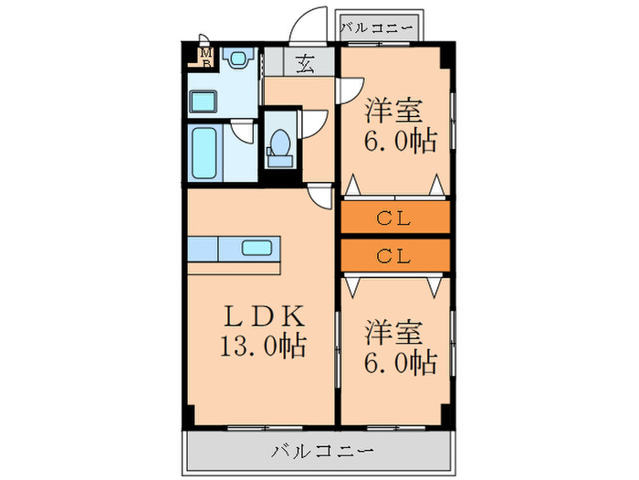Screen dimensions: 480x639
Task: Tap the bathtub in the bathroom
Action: tap(204, 152)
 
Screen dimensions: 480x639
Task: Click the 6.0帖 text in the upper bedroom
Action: tap(399, 142)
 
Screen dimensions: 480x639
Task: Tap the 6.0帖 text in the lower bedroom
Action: tap(399, 362)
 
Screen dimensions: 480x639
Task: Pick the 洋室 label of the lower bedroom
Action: tap(394, 331)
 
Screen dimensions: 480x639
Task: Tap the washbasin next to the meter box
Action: tap(238, 60)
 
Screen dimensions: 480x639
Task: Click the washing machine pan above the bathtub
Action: tap(203, 101)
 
